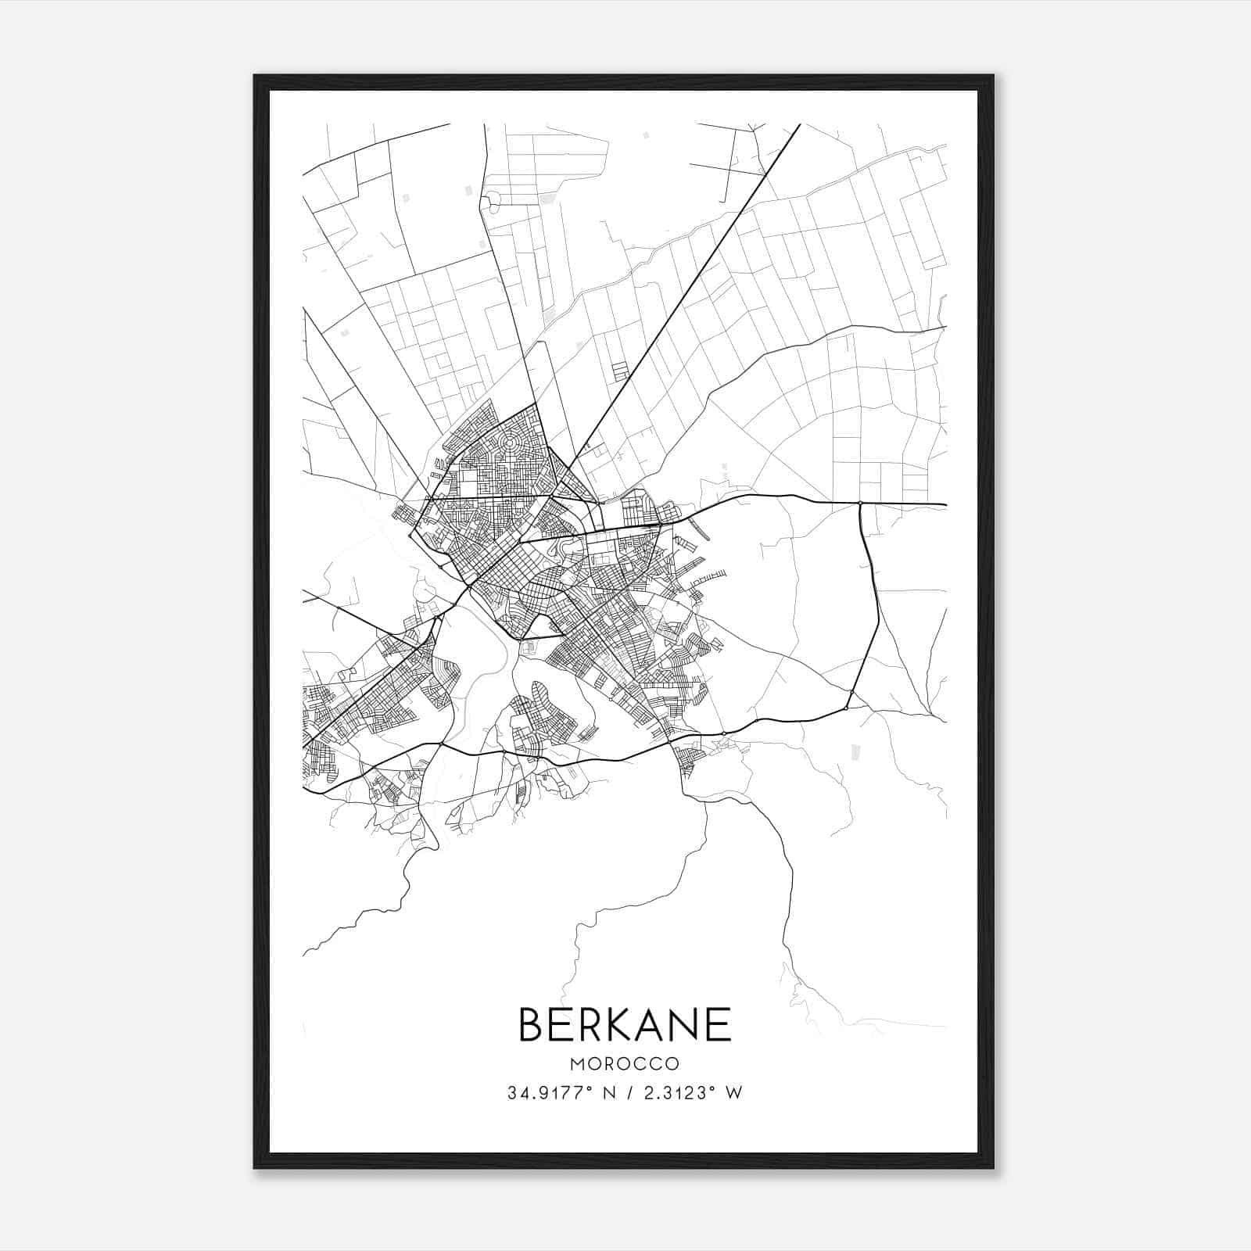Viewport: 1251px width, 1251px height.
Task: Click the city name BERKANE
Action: pyautogui.click(x=625, y=1024)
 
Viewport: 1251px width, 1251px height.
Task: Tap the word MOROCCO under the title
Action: pyautogui.click(x=625, y=1064)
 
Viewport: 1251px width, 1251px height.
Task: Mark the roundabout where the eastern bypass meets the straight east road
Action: pyautogui.click(x=859, y=503)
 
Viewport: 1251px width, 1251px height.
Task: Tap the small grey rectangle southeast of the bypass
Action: pyautogui.click(x=855, y=751)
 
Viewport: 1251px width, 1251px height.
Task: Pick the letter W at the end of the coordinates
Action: pyautogui.click(x=734, y=1093)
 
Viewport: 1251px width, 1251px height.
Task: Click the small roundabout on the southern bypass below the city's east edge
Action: pyautogui.click(x=724, y=733)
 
